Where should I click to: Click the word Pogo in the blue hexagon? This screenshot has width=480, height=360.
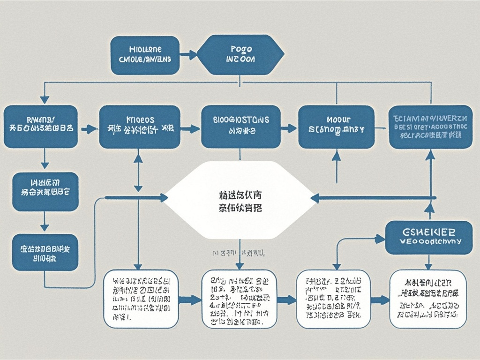coord(241,49)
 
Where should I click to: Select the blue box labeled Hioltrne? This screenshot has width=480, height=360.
coord(145,55)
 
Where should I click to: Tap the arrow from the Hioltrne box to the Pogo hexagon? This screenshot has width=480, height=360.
coord(188,55)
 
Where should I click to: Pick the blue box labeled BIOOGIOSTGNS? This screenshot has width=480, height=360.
coord(241,126)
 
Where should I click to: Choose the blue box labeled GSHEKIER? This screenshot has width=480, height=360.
coord(428,237)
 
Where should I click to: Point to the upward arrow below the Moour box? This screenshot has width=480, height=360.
coord(337,157)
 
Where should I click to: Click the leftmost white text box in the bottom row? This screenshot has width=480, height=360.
coord(140,299)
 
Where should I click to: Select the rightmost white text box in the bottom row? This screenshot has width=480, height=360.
coord(428,299)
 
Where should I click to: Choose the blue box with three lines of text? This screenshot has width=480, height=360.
coord(430,127)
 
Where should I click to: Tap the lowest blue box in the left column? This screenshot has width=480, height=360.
coord(45,252)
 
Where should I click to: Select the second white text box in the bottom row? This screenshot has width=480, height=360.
coord(239,299)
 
